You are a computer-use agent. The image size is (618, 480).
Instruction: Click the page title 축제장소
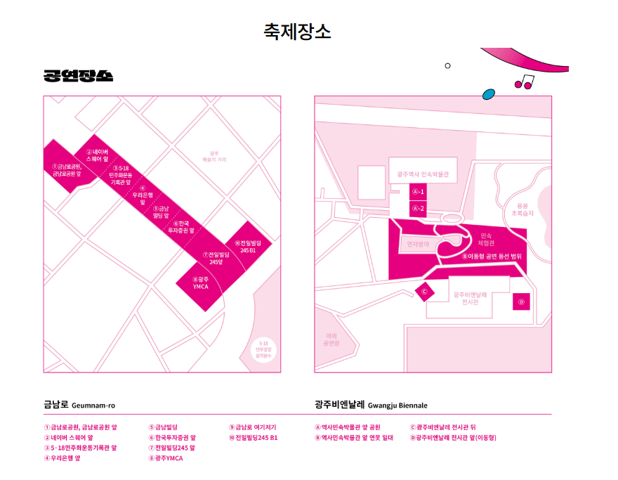(297, 32)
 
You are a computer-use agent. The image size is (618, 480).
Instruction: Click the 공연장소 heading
(78, 76)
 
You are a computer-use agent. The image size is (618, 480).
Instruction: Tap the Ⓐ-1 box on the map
(418, 191)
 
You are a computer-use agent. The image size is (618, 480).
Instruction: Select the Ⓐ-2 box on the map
(418, 209)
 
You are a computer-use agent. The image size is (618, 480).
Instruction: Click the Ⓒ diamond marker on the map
(424, 290)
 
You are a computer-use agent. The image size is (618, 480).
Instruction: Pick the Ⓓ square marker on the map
(521, 301)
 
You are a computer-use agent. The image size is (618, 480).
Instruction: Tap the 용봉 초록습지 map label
(522, 209)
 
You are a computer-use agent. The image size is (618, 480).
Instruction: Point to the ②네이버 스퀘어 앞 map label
(96, 155)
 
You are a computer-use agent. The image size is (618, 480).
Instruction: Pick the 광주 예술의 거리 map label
(215, 156)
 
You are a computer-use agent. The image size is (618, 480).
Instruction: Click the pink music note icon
(524, 82)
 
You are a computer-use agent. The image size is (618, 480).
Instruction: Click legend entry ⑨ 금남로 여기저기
(253, 427)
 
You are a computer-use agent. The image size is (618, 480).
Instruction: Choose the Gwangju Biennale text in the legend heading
(397, 406)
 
